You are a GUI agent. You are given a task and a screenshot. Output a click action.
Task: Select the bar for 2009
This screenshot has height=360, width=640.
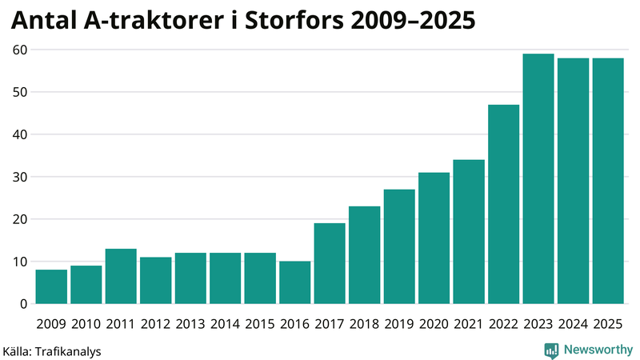coord(51,286)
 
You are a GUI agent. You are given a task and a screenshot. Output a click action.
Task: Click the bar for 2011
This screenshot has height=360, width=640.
coord(121,276)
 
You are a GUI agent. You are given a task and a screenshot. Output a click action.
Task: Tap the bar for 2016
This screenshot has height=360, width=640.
coord(294,282)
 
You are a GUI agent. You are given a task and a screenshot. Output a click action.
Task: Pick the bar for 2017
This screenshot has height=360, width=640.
coord(330,263)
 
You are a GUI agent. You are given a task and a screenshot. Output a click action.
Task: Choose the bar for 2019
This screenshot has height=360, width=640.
coord(399,246)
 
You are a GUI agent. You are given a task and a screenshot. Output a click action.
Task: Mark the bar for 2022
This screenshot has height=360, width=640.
coord(503,204)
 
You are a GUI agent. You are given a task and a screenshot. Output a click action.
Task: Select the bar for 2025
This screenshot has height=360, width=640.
coord(608,181)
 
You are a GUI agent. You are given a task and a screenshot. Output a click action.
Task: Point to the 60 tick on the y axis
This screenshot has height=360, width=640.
coord(18,50)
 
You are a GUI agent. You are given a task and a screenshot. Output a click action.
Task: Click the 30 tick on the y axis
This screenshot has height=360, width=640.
coord(18,177)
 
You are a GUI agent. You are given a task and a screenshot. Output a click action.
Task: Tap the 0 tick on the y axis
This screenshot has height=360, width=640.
coord(22,304)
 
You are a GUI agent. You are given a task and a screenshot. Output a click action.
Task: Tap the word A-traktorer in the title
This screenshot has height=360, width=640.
coord(135,22)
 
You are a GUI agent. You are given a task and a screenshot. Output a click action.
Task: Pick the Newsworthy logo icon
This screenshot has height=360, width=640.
coord(551,350)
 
